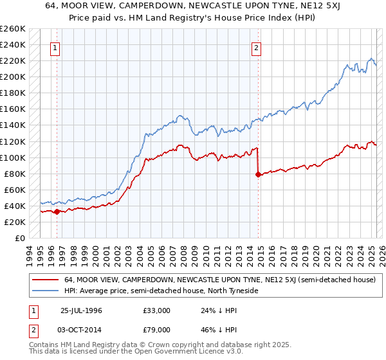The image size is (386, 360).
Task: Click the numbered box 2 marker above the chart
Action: [x=256, y=47]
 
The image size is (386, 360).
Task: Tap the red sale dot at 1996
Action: [x=57, y=211]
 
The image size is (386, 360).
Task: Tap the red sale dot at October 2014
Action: [x=258, y=174]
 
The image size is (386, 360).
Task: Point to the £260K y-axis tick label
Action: [x=13, y=29]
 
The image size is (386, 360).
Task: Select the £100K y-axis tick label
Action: [x=13, y=157]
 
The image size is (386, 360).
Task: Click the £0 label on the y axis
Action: [x=19, y=238]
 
